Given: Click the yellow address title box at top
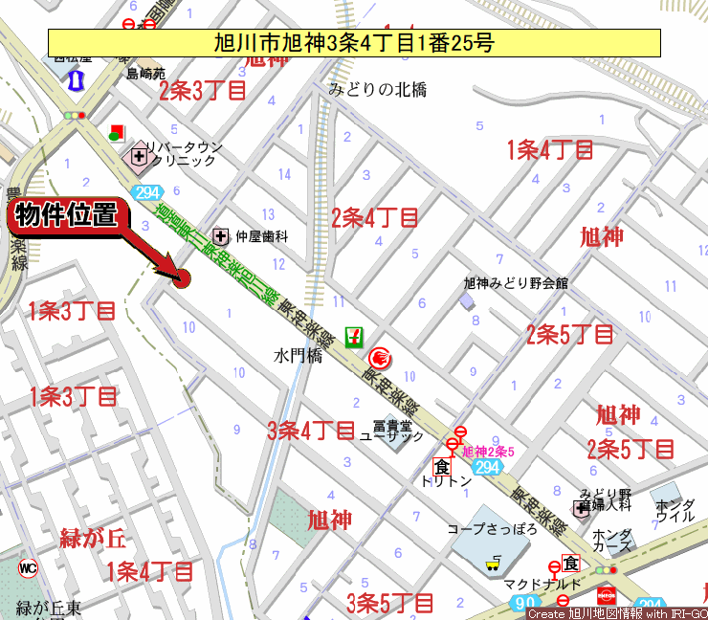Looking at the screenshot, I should coord(354,42).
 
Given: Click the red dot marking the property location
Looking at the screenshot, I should coord(182,278).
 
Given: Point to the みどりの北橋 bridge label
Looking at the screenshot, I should coord(378,90).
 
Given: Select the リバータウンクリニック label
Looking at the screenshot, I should coord(183,154).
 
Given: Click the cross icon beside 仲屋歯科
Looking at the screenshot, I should coord(221,234).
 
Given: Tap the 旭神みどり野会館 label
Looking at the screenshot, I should coord(516,283).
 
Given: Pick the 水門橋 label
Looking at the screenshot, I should coord(298,355).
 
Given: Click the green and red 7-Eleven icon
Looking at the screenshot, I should coord(355,336).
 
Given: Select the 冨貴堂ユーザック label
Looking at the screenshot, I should coord(391,431).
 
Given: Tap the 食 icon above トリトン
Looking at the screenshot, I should coord(441,467).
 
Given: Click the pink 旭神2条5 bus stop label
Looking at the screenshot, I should coord(488,452).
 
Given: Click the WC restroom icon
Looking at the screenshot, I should coord(28,567).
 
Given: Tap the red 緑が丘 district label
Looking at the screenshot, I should coord(93,538).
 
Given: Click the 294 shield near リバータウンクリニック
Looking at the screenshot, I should coord(146,192).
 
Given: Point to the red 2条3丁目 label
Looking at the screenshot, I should coord(203,91).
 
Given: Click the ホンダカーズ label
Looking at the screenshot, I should coord(611,541).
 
